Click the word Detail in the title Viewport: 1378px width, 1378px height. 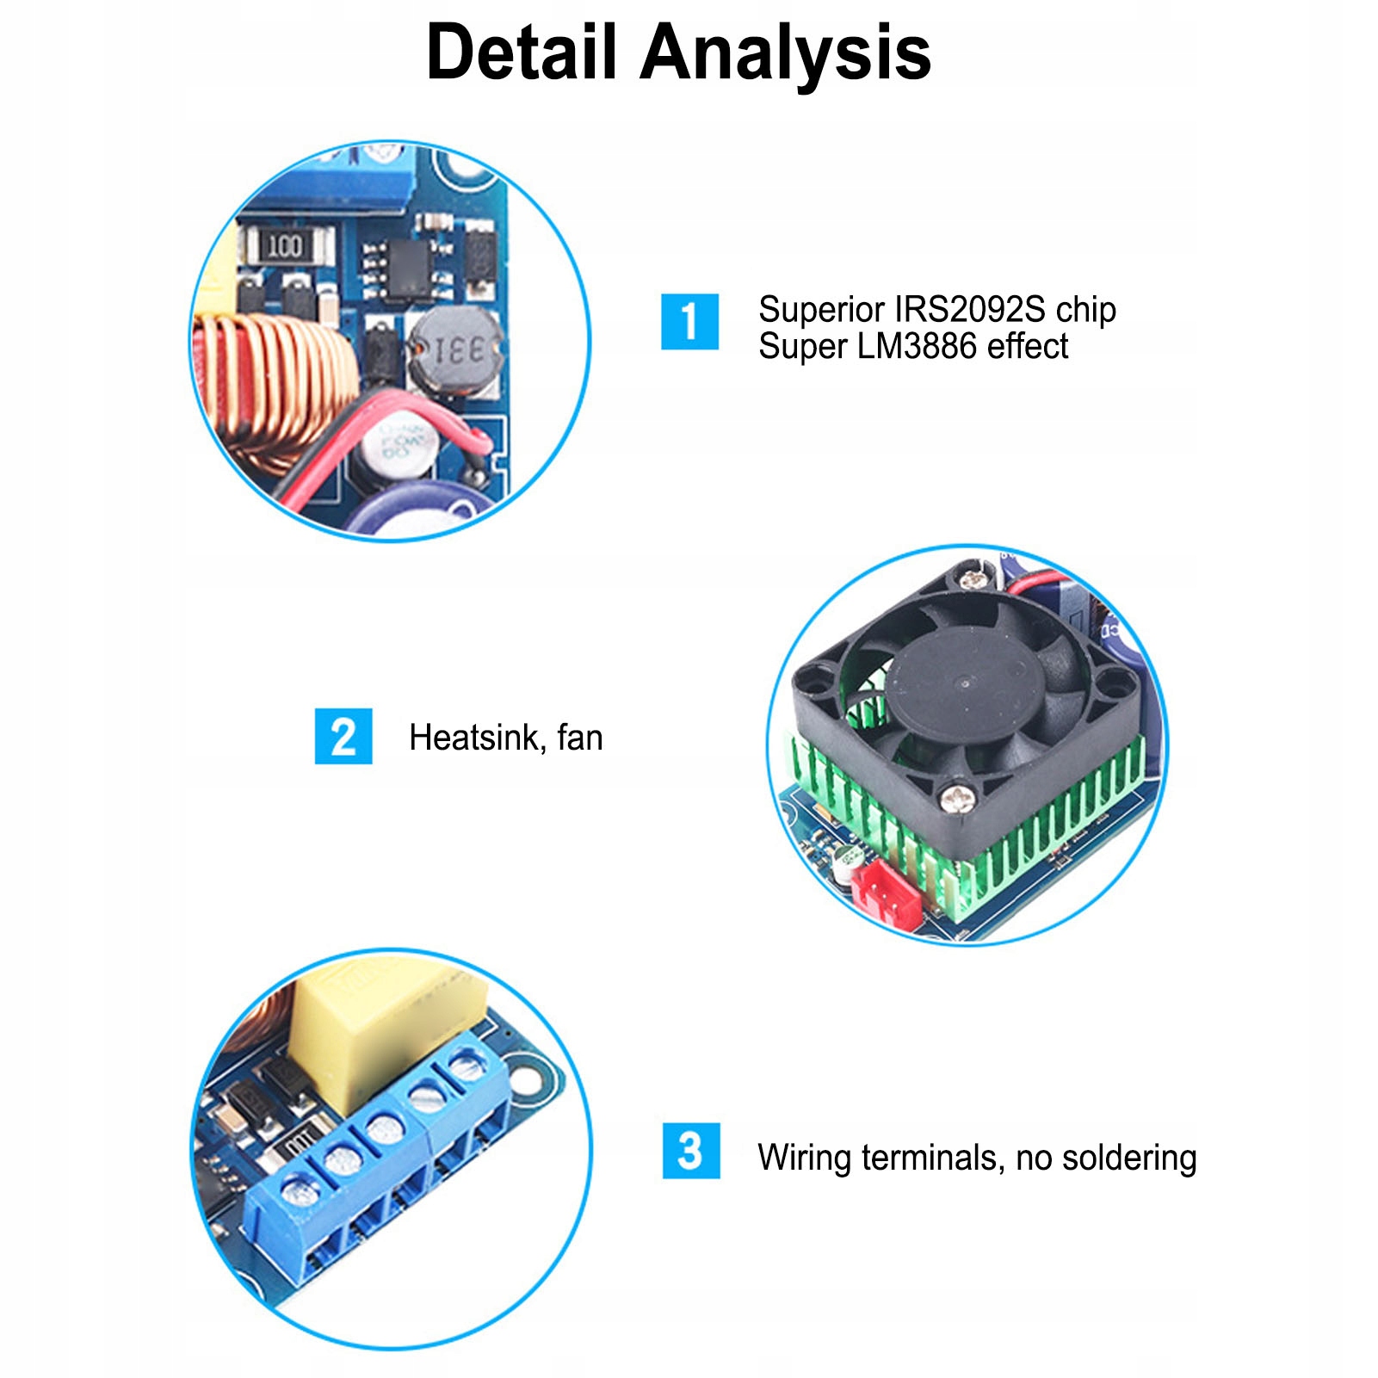point(522,53)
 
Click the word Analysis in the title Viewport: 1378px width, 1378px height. point(785,53)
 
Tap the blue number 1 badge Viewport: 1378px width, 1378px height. point(689,322)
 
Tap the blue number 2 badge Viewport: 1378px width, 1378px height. point(343,737)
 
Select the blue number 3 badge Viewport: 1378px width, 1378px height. point(690,1151)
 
